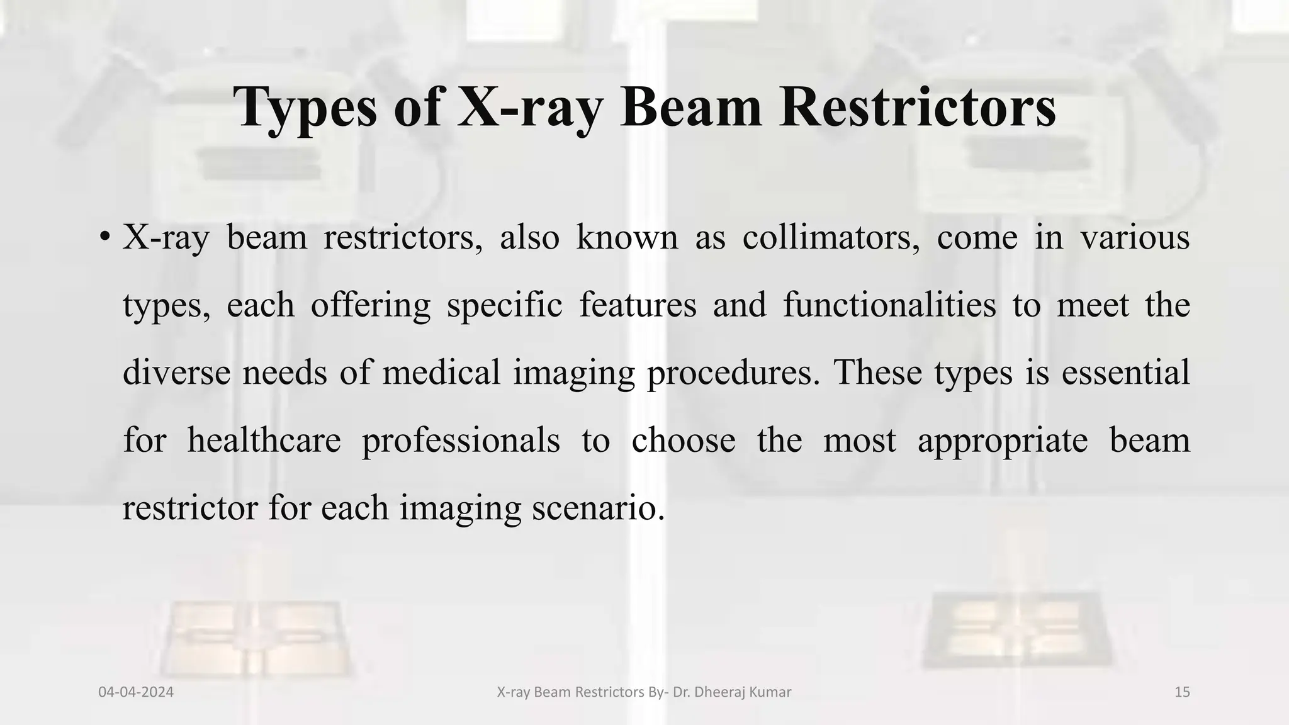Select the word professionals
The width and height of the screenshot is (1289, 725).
coord(461,441)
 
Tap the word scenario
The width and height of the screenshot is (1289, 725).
coord(598,508)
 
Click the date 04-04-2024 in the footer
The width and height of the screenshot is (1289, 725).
coord(136,692)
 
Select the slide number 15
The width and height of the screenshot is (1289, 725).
coord(1182,692)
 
